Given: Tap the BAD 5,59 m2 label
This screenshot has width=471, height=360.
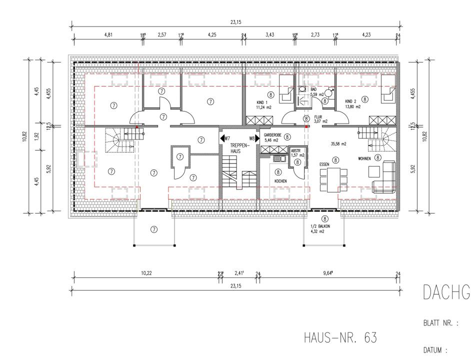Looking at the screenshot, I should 317,91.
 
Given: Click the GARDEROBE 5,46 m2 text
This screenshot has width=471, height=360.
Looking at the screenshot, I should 273,137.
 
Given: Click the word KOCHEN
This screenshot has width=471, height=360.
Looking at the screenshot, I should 279,180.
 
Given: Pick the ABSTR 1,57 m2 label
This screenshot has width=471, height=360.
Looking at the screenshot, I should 297,152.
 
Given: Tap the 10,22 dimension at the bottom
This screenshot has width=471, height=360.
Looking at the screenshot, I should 146,272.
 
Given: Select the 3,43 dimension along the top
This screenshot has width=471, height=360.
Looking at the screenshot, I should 269,35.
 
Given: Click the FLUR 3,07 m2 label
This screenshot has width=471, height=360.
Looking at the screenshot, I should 320,118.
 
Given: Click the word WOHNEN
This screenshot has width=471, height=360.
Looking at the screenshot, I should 364,158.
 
